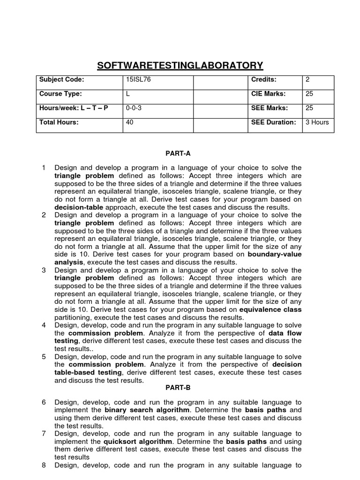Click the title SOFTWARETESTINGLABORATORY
click(x=180, y=65)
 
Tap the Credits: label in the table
click(x=264, y=80)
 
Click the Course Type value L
click(x=128, y=94)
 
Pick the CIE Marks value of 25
click(x=309, y=94)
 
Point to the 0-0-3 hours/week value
click(x=134, y=108)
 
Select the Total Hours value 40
click(x=130, y=122)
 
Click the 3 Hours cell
click(x=317, y=122)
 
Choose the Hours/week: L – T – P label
click(x=74, y=108)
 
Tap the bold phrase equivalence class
click(x=270, y=309)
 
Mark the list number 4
click(x=44, y=325)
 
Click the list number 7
click(x=44, y=434)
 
